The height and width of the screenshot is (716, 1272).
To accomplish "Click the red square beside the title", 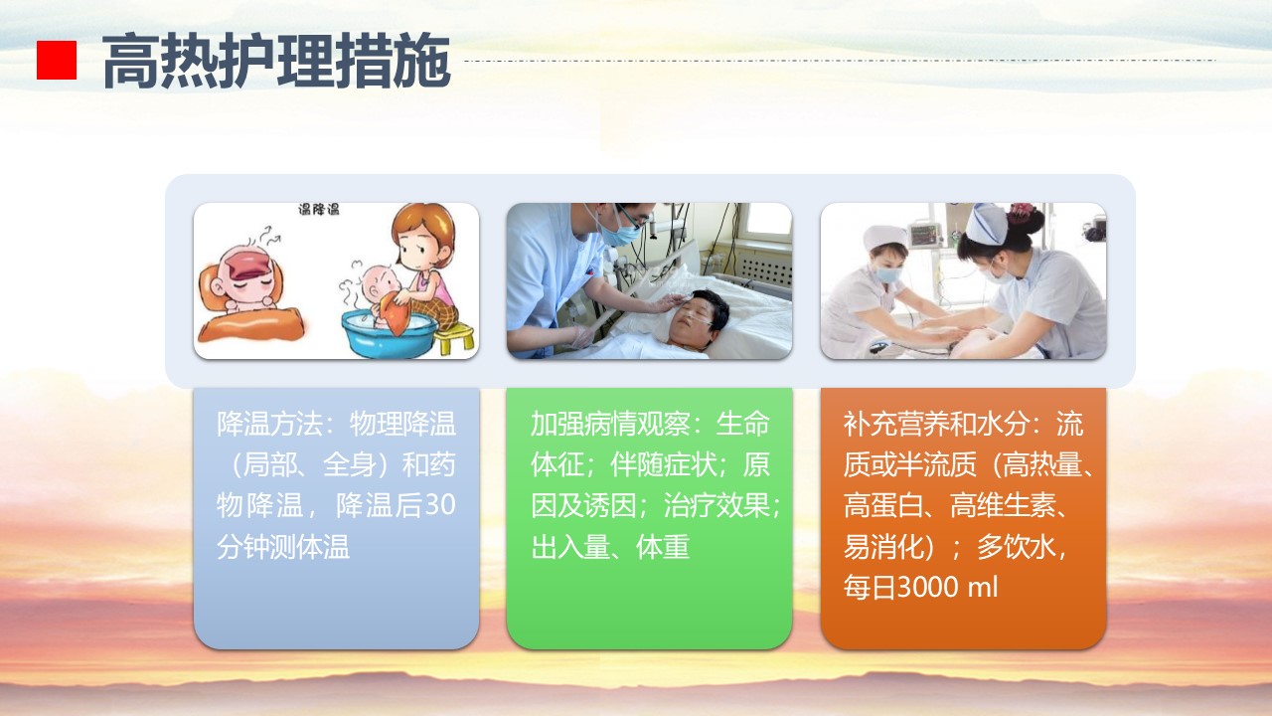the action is [x=57, y=60].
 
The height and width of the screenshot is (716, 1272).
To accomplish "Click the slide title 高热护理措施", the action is [x=276, y=61].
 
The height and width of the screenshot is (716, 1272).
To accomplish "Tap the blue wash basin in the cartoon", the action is [x=390, y=333].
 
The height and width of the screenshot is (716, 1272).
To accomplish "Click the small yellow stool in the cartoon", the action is [x=454, y=338].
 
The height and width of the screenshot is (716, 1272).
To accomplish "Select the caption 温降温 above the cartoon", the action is [x=319, y=209].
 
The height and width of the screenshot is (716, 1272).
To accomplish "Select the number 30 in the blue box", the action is [x=440, y=504].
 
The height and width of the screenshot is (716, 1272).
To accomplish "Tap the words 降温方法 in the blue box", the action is [x=269, y=424].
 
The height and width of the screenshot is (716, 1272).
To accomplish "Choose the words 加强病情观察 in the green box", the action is [x=610, y=424].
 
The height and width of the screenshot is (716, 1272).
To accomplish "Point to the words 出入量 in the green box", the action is [x=570, y=547].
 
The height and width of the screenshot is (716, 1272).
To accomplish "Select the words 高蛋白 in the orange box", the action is [x=883, y=505].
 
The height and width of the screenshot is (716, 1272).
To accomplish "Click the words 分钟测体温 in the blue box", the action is [x=283, y=547].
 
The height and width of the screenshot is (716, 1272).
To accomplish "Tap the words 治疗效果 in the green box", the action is [x=716, y=505].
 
